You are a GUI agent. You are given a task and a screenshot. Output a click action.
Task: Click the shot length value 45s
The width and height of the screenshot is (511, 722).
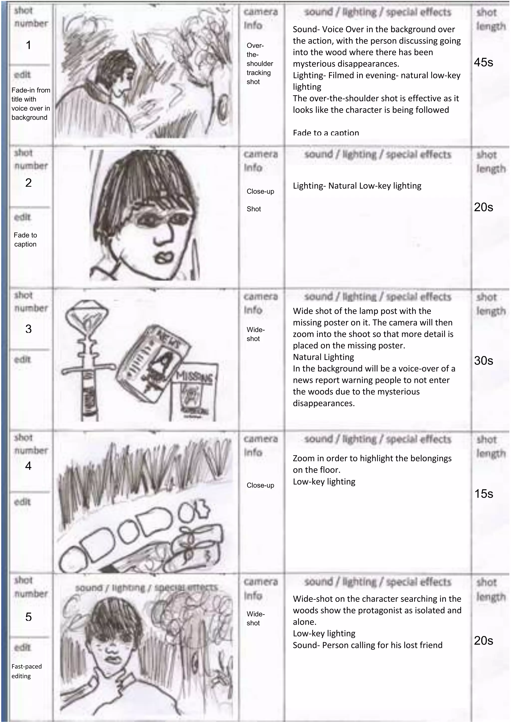(483, 62)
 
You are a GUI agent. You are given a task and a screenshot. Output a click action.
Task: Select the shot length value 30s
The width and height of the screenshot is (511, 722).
(483, 361)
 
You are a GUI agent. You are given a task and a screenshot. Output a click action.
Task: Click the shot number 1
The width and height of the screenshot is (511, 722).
(28, 45)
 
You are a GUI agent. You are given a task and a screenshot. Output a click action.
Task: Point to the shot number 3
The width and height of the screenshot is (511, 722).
(28, 329)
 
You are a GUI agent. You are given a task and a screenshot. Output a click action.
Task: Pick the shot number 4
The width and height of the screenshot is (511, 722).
(28, 466)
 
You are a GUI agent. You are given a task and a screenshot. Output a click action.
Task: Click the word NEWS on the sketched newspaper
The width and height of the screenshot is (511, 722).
(169, 339)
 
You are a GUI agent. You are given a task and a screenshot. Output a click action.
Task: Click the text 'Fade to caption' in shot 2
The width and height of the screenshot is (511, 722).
(25, 240)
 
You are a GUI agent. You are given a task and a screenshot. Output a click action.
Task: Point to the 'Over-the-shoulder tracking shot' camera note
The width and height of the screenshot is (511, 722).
(259, 64)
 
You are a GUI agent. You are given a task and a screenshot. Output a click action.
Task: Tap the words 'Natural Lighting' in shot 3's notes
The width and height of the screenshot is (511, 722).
(323, 357)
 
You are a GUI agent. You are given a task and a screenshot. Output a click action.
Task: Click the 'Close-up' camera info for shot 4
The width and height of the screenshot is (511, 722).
(260, 485)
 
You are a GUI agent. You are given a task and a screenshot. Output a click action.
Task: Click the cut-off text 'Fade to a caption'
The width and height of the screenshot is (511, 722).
(326, 133)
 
